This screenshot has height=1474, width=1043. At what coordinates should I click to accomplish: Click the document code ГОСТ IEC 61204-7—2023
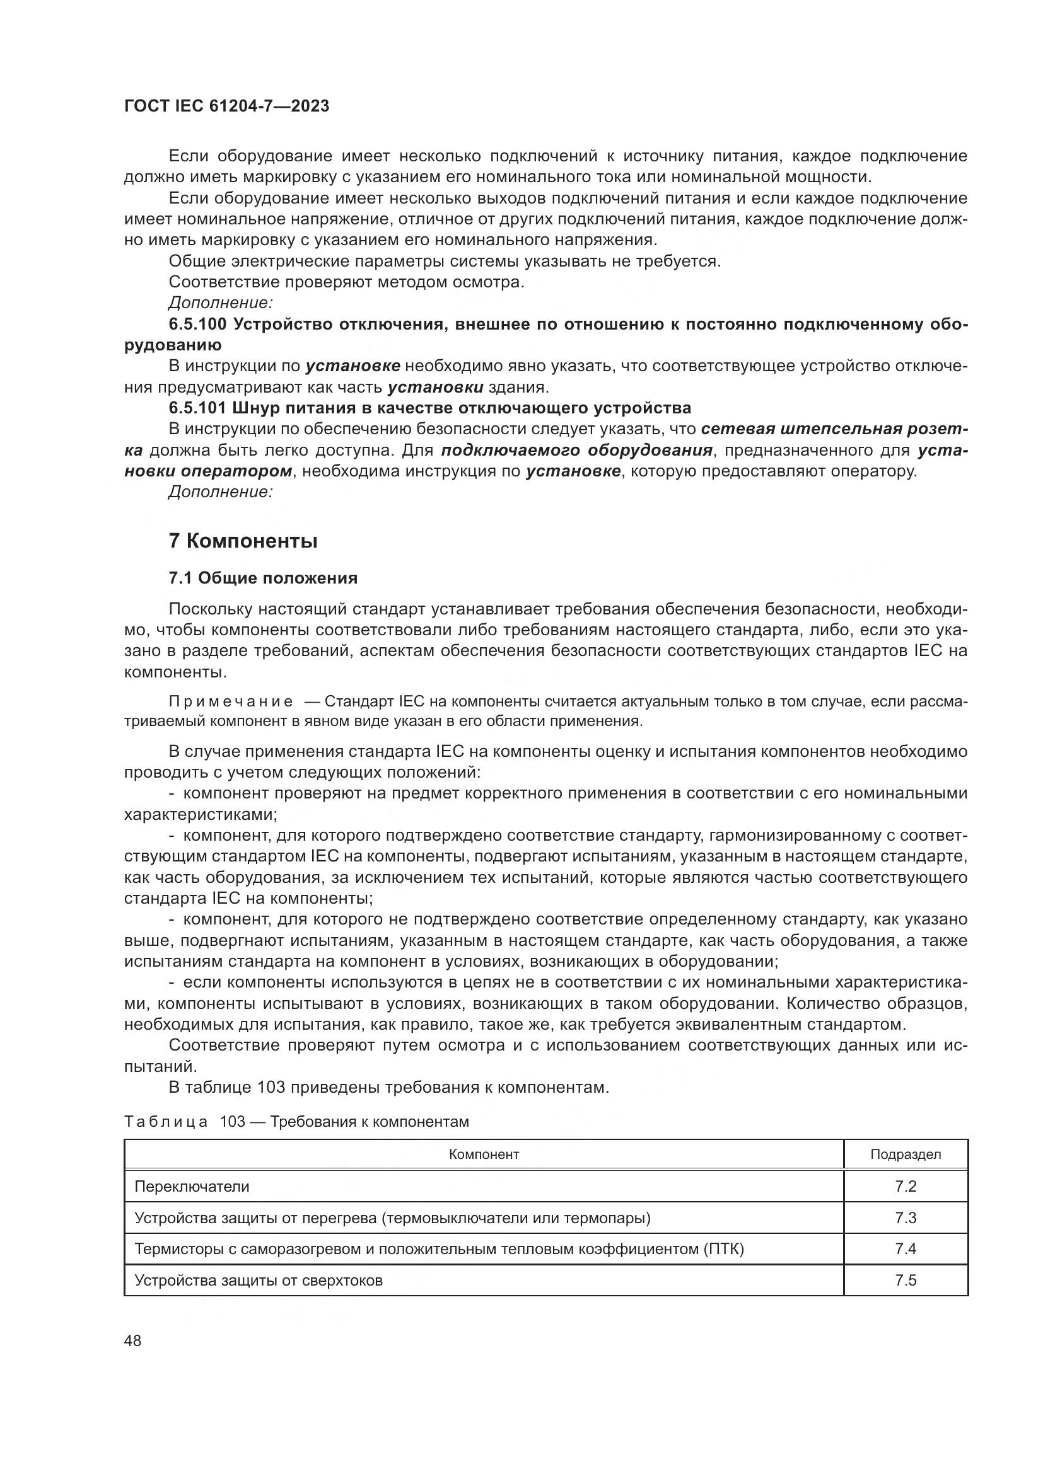(226, 106)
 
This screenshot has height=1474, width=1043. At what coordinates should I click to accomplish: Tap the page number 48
(132, 1340)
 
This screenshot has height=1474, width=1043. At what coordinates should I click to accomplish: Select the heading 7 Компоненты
(243, 541)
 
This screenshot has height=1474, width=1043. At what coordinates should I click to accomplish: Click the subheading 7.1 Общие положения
(263, 578)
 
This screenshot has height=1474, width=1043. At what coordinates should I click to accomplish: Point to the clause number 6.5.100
(197, 324)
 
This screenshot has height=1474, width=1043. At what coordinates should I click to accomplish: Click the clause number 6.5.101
(197, 408)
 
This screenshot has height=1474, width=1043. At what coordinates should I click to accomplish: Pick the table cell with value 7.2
(905, 1187)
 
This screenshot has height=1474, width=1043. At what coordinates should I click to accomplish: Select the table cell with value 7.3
(905, 1218)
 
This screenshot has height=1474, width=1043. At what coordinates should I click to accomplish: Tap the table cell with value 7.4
(905, 1248)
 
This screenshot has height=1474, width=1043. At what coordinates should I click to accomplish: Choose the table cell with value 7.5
(905, 1280)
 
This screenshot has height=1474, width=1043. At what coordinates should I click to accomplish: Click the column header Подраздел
(905, 1154)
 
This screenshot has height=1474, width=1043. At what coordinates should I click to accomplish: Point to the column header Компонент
(483, 1154)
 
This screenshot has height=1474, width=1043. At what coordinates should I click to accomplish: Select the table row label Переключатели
(192, 1187)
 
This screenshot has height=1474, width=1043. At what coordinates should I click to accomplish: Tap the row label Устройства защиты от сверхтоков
(258, 1280)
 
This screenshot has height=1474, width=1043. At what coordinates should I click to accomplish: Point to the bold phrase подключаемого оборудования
(577, 450)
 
